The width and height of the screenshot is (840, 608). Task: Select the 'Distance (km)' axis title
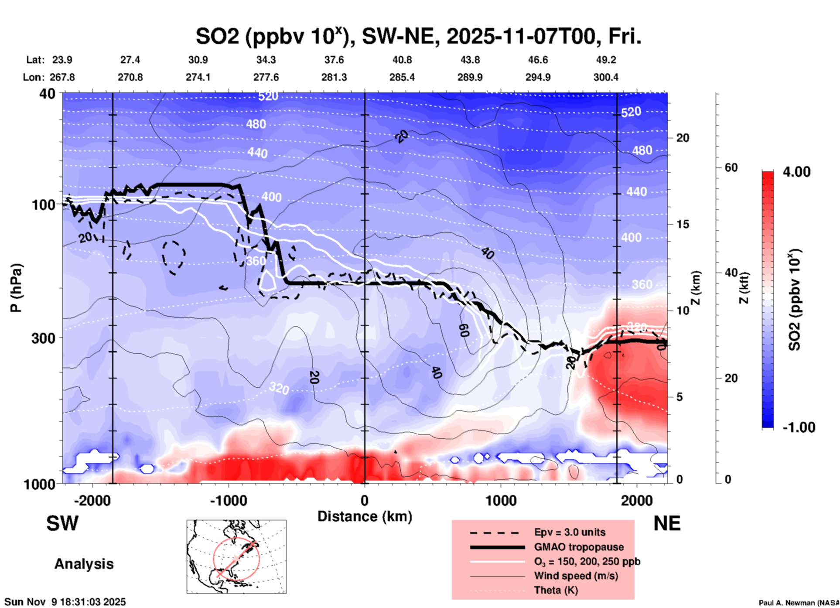tap(365, 516)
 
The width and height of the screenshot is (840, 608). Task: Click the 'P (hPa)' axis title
tap(17, 288)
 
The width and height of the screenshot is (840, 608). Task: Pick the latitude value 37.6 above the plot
tap(334, 60)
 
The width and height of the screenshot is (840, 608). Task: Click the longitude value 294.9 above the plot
tap(537, 77)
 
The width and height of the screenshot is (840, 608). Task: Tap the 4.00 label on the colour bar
tap(796, 172)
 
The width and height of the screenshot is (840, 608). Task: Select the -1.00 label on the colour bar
tap(799, 427)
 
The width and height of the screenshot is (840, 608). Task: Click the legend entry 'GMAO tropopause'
tap(579, 547)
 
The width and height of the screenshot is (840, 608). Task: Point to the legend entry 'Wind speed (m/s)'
tap(576, 576)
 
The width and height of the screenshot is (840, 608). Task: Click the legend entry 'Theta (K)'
tap(556, 590)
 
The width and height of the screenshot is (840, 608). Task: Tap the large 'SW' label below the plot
tap(62, 523)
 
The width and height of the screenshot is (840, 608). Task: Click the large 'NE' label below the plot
tap(667, 523)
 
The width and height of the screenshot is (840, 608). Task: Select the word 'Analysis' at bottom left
tap(84, 564)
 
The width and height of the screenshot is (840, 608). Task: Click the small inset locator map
tap(236, 557)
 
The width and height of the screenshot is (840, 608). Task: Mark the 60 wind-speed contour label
tap(464, 331)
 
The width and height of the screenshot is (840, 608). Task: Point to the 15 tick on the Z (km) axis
tap(682, 224)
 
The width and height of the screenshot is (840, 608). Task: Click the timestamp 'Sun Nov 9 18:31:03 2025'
tap(65, 602)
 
